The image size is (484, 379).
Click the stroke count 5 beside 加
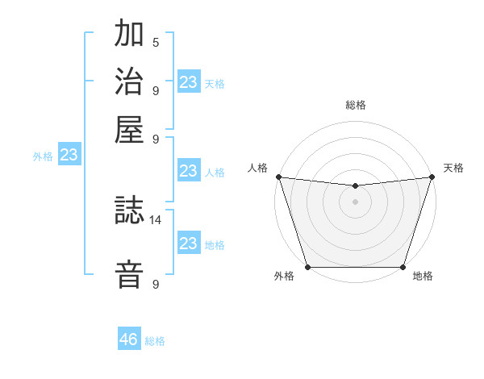(x=156, y=42)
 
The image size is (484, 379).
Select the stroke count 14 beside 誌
(x=156, y=219)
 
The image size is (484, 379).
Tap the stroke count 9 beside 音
(x=156, y=284)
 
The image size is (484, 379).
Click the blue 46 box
(x=129, y=339)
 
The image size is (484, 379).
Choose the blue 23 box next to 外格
(x=69, y=156)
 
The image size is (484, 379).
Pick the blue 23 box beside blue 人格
(x=188, y=171)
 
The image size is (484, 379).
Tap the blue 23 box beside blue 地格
(x=188, y=244)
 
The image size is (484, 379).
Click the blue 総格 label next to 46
(x=155, y=341)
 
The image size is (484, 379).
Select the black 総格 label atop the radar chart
(x=355, y=105)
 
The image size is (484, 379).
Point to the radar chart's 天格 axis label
(x=453, y=168)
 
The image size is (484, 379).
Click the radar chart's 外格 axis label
(x=284, y=277)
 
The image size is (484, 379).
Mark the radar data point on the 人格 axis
(x=278, y=177)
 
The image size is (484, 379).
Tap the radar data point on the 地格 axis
(x=403, y=267)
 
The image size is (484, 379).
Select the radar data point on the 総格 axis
(x=355, y=186)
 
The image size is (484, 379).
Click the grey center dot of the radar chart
(x=355, y=202)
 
